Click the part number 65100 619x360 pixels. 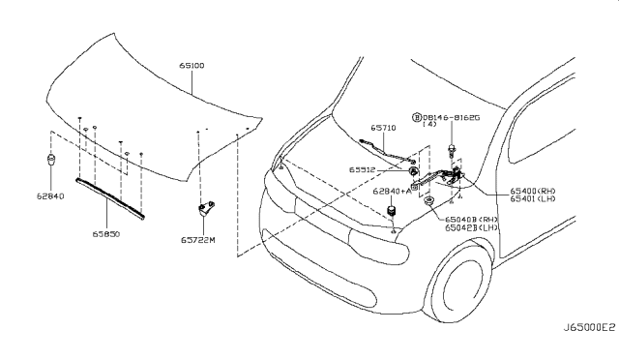192,66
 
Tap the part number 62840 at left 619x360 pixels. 50,196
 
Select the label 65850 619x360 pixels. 106,234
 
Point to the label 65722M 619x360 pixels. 198,240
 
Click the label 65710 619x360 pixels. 383,128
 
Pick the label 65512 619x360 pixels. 362,170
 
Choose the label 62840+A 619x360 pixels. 392,192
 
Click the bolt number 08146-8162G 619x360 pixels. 451,118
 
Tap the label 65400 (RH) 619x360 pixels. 533,192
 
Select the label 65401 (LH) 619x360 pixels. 533,198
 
